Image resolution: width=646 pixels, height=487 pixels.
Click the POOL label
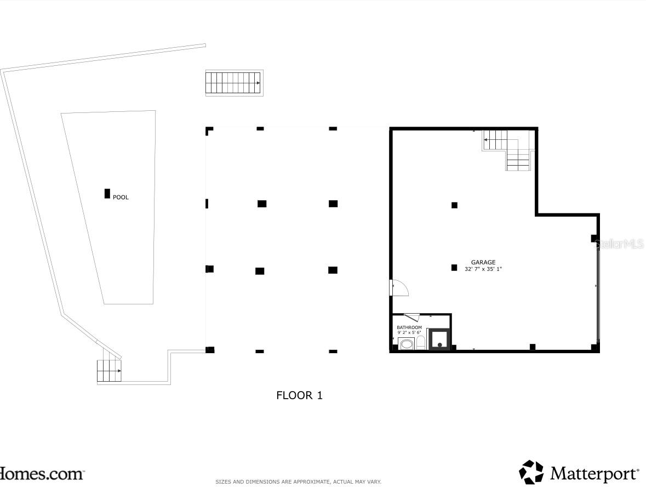coord(121,197)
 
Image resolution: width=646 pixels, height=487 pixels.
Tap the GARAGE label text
coord(483,263)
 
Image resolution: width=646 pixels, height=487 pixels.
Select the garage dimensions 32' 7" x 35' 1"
coord(483,269)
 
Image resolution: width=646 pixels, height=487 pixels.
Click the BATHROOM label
coord(409,327)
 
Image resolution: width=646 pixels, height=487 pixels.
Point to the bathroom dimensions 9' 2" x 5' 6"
coord(409,332)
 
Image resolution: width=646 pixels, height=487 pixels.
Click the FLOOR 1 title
coord(299,395)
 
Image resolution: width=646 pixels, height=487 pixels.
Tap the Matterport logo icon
coord(531,472)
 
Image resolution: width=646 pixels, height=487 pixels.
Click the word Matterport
coord(594,473)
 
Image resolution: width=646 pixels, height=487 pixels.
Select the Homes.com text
coord(41,473)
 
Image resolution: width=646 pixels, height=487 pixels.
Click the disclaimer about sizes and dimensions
coord(298,482)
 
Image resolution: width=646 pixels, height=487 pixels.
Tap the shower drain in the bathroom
coord(439,345)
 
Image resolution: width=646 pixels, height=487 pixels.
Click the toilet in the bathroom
coord(420,343)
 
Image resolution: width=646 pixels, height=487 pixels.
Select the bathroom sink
coord(407,344)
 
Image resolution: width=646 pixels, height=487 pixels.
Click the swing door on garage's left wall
coord(399,288)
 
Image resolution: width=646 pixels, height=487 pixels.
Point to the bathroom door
coord(411,317)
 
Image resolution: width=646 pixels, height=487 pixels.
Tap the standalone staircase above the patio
coord(234,83)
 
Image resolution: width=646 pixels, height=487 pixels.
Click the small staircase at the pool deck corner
coord(109,371)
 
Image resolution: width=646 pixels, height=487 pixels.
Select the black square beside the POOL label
coord(107,194)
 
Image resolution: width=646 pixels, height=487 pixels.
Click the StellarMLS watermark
coord(620,244)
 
